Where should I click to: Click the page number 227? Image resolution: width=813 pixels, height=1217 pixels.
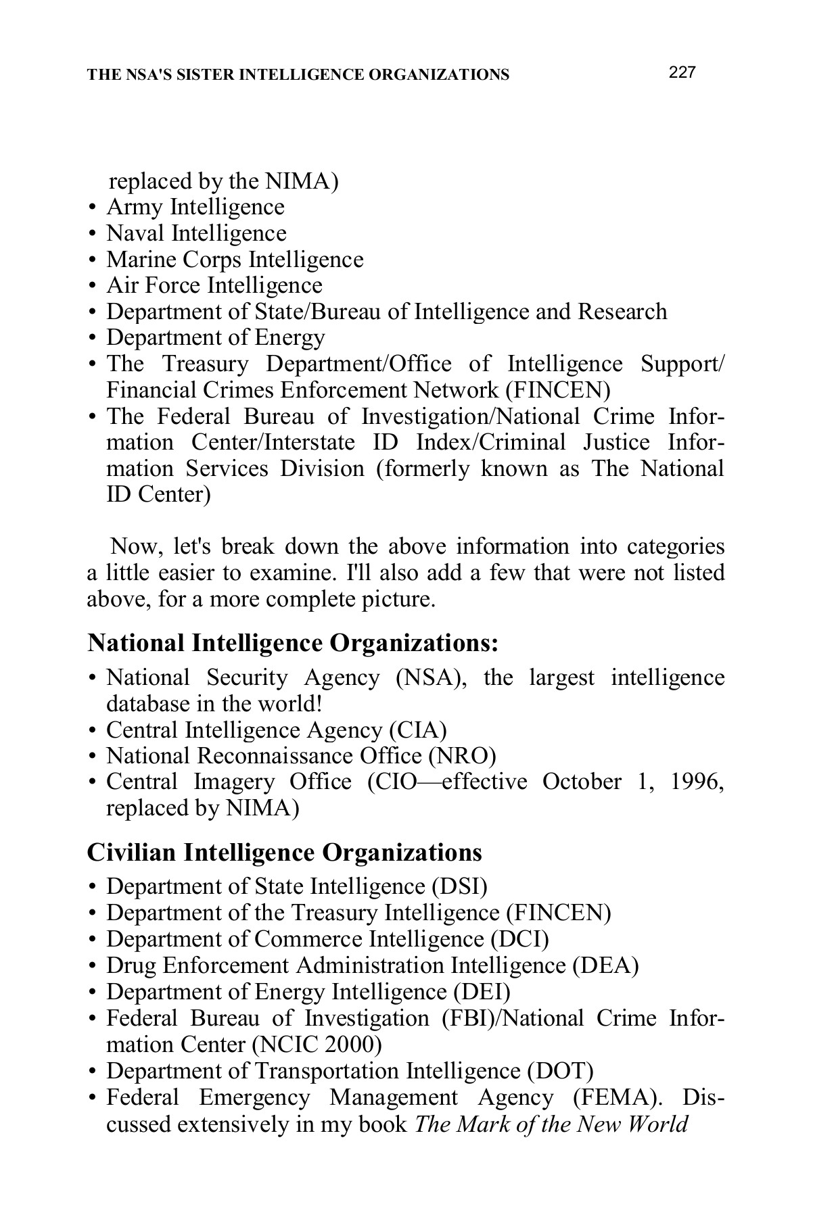(x=682, y=73)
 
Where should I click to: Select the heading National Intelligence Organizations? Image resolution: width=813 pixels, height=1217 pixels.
(x=293, y=643)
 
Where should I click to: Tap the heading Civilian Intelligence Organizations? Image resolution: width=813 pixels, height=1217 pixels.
(x=284, y=852)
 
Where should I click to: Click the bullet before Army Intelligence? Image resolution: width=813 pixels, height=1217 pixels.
(x=92, y=208)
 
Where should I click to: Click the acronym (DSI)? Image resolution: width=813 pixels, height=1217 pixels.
(x=459, y=886)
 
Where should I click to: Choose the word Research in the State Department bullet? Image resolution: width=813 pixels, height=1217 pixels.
(x=622, y=312)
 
